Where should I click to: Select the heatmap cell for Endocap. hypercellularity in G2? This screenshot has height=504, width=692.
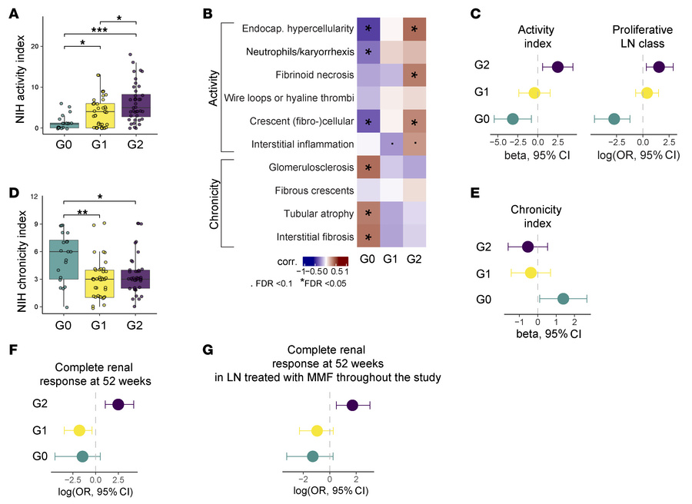(x=416, y=28)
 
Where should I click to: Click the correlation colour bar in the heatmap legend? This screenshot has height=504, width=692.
(x=326, y=261)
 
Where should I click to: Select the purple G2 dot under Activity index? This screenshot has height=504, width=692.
(x=557, y=68)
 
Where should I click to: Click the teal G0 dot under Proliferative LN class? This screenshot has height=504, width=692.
(x=614, y=118)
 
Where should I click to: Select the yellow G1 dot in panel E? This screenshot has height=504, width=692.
(x=531, y=273)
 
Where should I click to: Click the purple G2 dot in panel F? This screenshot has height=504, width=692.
(x=118, y=404)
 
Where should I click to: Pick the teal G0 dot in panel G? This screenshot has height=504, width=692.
(x=312, y=456)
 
